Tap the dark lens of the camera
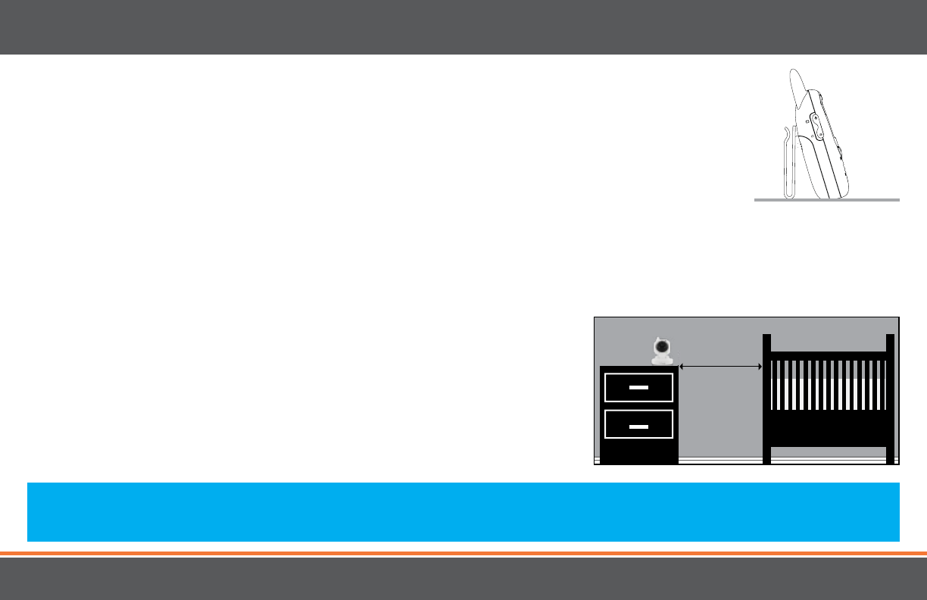(x=662, y=348)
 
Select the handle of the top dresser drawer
(x=639, y=387)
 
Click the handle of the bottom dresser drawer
(x=639, y=427)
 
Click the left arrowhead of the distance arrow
(x=682, y=367)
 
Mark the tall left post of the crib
(x=766, y=398)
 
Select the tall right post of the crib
(x=891, y=398)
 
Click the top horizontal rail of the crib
(x=829, y=355)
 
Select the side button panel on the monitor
(x=816, y=126)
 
